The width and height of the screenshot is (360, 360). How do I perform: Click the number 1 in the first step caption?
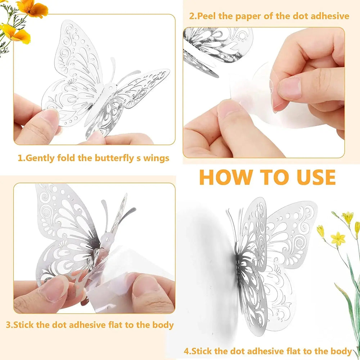point(21,158)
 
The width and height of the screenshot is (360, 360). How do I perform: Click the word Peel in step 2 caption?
point(209,16)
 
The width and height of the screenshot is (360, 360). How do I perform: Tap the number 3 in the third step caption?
point(9,325)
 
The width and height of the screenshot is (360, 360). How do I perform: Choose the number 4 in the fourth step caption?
point(186,351)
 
